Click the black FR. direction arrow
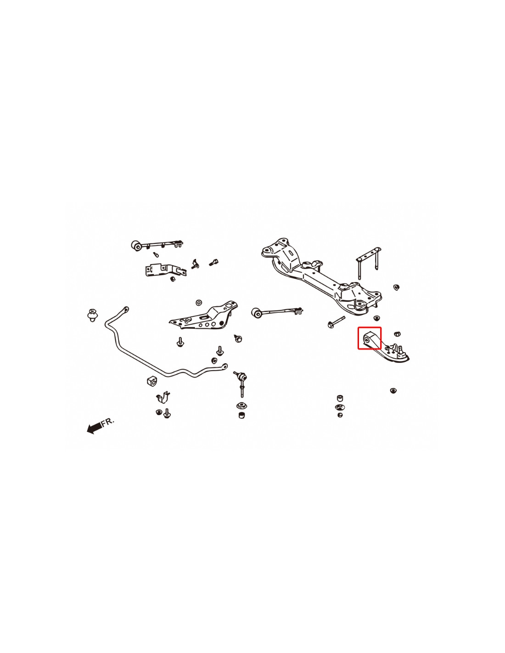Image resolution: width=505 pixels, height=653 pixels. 94,428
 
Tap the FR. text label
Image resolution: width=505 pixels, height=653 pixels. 108,422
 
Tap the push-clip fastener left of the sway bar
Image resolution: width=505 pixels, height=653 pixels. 92,315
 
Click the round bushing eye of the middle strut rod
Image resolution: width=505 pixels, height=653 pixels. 257,313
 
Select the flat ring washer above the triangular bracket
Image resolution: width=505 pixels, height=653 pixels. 198,303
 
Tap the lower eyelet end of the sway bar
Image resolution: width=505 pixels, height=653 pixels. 224,366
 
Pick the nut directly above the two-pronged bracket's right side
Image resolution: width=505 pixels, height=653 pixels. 396,287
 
